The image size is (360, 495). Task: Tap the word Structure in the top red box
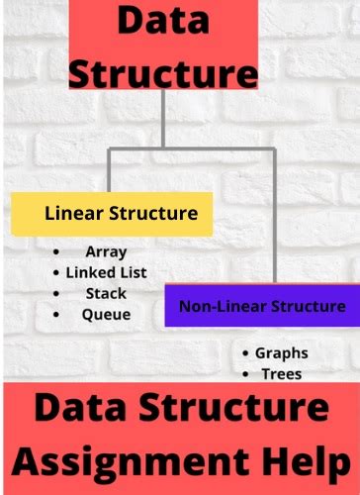(x=164, y=71)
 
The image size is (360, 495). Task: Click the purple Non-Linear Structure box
(x=262, y=306)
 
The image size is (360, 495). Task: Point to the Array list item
(x=106, y=252)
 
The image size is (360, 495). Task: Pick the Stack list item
(x=106, y=293)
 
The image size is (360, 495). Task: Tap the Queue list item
(x=106, y=314)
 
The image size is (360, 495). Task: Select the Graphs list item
(x=281, y=353)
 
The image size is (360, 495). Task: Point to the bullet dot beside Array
(x=58, y=252)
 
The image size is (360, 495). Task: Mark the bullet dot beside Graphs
(x=245, y=353)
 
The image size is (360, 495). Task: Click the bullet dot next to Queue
(x=58, y=314)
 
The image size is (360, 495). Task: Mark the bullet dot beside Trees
(x=245, y=373)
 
